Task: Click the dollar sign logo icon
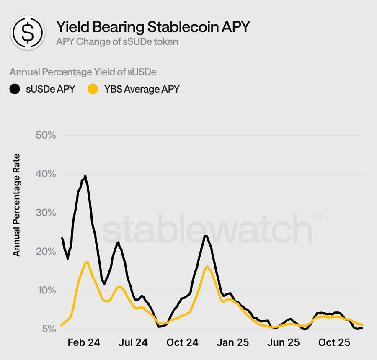(x=28, y=32)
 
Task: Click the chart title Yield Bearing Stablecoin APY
(x=153, y=26)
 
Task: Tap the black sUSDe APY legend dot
(x=15, y=89)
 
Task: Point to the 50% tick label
(x=46, y=135)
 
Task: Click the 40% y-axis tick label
(x=46, y=174)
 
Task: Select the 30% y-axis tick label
(x=46, y=213)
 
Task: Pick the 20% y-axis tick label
(x=46, y=252)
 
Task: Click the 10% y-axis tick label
(x=46, y=290)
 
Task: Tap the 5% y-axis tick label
(x=49, y=329)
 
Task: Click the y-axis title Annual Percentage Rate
(x=16, y=205)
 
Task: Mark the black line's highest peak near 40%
(x=85, y=176)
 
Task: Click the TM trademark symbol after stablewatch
(x=317, y=216)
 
